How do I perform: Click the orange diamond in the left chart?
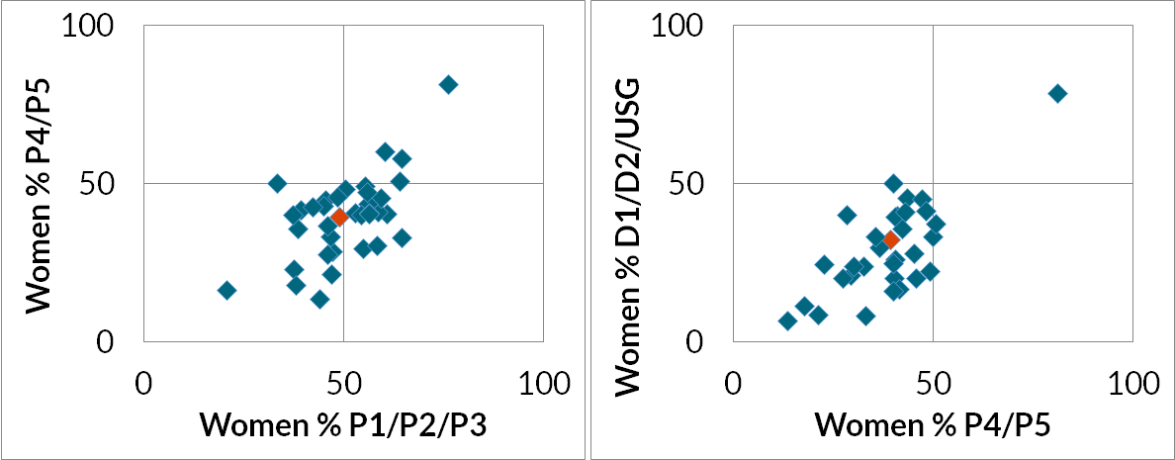pyautogui.click(x=339, y=217)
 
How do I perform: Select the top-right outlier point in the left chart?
pyautogui.click(x=448, y=85)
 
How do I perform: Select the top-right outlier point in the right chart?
pyautogui.click(x=1057, y=93)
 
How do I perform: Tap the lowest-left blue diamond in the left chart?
pyautogui.click(x=226, y=290)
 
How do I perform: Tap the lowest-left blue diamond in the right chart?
pyautogui.click(x=787, y=321)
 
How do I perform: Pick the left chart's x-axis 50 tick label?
pyautogui.click(x=343, y=381)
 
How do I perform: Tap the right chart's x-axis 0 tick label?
pyautogui.click(x=733, y=381)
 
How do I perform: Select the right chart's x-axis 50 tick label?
pyautogui.click(x=932, y=381)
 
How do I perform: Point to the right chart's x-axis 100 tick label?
pyautogui.click(x=1130, y=381)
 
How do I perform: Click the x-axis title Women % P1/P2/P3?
pyautogui.click(x=343, y=423)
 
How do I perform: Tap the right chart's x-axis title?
pyautogui.click(x=932, y=423)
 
